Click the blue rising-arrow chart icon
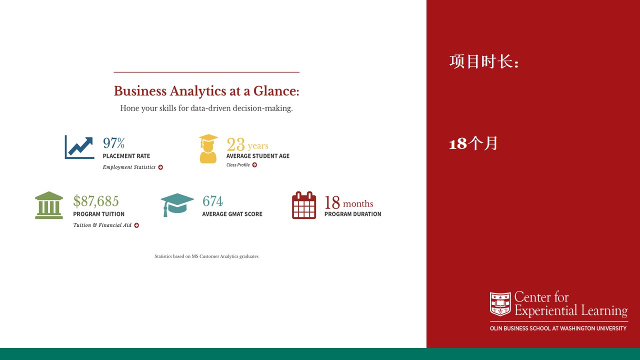[x=79, y=147]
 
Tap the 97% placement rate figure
[x=113, y=143]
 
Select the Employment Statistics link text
[x=129, y=167]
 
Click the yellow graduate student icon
[x=208, y=148]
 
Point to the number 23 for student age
[x=235, y=144]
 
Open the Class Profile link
[x=238, y=165]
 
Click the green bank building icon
[x=49, y=205]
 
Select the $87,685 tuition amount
[x=95, y=201]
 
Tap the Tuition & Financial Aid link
[x=102, y=225]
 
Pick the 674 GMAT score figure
[x=212, y=201]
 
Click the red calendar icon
[x=304, y=205]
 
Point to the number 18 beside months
[x=332, y=202]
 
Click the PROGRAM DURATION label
[x=352, y=214]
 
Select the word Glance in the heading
[x=276, y=91]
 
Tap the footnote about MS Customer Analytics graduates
[x=206, y=256]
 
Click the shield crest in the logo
[x=500, y=303]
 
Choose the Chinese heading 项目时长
[x=484, y=61]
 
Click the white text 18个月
[x=473, y=143]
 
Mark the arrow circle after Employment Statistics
[x=160, y=167]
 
